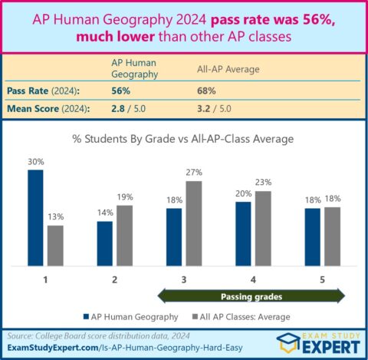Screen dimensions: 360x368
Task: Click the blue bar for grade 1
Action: [x=36, y=217]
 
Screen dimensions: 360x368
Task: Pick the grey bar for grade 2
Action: [x=125, y=235]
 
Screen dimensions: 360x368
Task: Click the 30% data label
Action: [x=36, y=162]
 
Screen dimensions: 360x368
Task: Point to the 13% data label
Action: [x=55, y=217]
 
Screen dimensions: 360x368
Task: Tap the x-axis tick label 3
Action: [x=184, y=279]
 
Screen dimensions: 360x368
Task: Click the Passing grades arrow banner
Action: [x=252, y=295]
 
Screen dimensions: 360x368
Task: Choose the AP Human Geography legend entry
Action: [x=130, y=316]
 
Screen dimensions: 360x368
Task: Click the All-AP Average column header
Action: [x=228, y=68]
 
